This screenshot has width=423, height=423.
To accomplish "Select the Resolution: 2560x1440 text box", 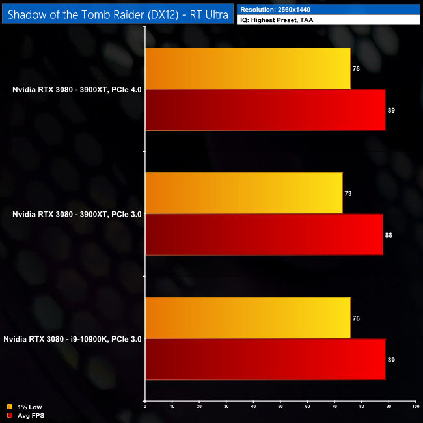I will click(329, 9).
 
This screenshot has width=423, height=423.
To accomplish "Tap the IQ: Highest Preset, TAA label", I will click(329, 20).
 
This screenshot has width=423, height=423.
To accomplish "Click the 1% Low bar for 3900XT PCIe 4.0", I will click(248, 68).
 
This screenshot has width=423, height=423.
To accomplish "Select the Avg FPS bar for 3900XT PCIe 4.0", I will click(266, 110).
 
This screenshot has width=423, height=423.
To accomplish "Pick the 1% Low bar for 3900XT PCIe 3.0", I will click(244, 193).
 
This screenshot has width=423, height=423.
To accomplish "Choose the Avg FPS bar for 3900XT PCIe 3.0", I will click(264, 235).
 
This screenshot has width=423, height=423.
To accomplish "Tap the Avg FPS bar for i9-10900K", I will click(266, 360).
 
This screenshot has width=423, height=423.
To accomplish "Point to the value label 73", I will click(349, 193).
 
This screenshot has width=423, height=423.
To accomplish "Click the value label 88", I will click(389, 235).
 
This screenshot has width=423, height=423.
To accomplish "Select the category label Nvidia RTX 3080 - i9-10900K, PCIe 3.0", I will click(72, 339).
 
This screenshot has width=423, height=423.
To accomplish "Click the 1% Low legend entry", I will click(24, 408).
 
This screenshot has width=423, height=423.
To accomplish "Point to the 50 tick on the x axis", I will click(280, 407).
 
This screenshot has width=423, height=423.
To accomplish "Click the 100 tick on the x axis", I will click(415, 407).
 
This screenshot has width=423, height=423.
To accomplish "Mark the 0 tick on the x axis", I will click(145, 407).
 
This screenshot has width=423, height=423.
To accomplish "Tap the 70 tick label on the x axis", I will click(334, 407).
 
